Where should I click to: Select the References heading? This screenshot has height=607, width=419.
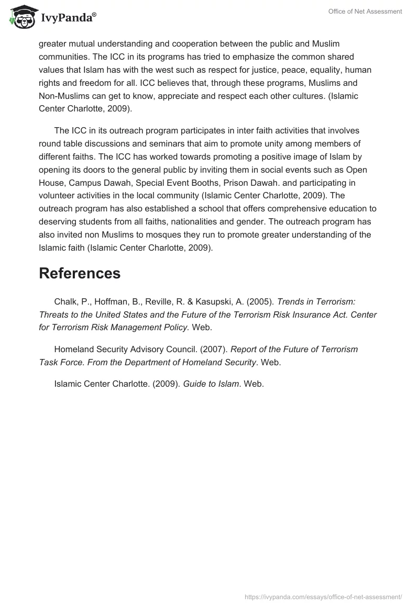80,273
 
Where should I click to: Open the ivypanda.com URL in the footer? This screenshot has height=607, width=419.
323,596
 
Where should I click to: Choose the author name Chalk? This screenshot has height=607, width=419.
65,302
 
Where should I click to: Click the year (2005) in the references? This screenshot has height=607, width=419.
258,302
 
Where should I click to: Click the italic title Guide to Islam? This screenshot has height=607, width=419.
211,384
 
